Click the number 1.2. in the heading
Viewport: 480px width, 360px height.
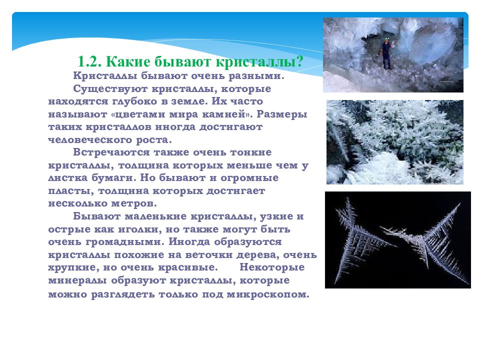(89, 61)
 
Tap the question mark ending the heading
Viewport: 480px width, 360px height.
(299, 61)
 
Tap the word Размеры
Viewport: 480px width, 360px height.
(282, 114)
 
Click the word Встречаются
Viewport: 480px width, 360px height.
(111, 152)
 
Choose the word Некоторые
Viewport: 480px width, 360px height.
(272, 267)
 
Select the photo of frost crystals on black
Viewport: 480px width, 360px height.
(397, 240)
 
